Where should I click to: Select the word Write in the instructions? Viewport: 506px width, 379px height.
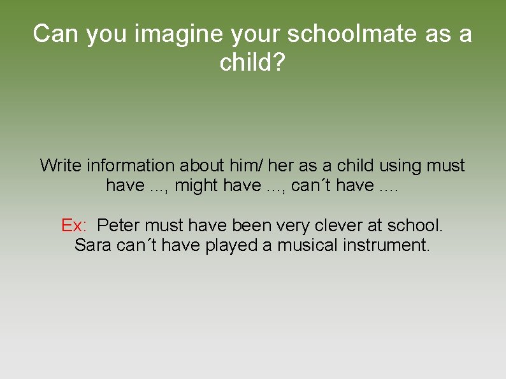point(61,166)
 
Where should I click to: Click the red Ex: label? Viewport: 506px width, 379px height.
point(74,225)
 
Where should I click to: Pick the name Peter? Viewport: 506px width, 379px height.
point(119,225)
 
